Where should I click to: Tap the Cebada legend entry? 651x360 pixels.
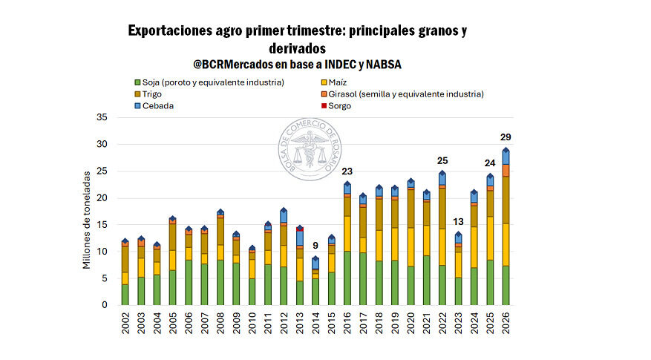coord(157,106)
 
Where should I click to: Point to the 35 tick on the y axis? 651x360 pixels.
coord(102,117)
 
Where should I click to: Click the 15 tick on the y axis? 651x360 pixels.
coord(102,225)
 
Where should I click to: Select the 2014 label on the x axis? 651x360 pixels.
coord(315,324)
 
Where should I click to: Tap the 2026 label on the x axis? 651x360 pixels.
coord(506,324)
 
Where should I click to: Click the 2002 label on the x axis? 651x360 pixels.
coord(125,324)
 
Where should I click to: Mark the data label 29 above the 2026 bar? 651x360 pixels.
coord(506,137)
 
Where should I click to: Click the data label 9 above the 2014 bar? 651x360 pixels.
coord(315,246)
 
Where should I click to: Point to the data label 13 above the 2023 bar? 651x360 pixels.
coord(459,222)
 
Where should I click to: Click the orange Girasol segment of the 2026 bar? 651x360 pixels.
coord(506,170)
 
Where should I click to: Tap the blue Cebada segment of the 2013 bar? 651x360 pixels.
coord(300,238)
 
